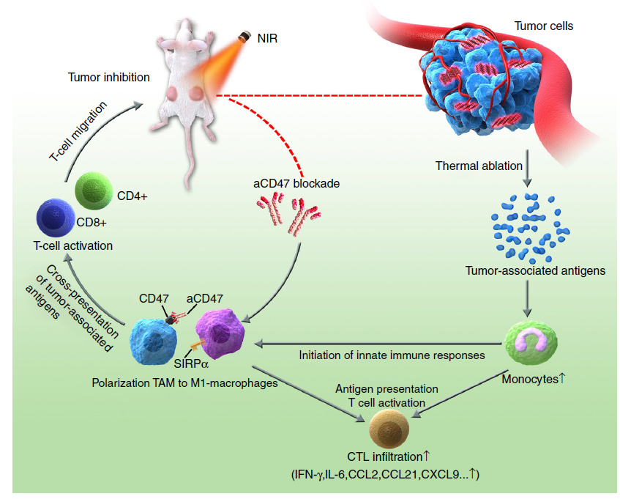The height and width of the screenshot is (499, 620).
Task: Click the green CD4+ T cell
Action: pos(94,193)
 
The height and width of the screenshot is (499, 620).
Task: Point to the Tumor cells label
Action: pos(544,26)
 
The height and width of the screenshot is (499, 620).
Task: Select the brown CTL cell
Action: pos(392,426)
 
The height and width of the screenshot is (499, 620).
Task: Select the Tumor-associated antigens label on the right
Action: pos(535,270)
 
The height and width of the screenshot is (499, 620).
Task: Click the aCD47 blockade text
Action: pos(296,184)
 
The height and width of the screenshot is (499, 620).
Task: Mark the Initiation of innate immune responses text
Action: pos(392,355)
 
